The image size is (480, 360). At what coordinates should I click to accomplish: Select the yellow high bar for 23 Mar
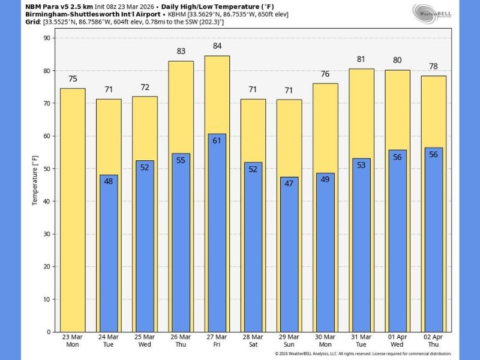73,210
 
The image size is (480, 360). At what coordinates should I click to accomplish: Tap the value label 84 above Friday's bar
217,46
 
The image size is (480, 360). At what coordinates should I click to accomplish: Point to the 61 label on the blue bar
217,140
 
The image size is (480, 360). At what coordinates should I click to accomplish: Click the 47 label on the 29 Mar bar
289,184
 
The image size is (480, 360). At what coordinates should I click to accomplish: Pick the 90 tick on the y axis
48,38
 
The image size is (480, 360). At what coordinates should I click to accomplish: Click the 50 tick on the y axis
48,169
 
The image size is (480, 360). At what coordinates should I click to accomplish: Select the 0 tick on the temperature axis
50,332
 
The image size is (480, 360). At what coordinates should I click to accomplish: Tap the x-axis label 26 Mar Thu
181,341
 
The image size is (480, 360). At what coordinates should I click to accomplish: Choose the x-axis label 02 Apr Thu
433,341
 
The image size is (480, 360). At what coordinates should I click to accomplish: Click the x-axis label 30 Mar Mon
325,341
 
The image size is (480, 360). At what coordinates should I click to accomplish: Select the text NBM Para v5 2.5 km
59,5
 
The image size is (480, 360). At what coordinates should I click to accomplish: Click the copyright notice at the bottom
363,354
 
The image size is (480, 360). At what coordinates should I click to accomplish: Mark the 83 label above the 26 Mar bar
181,52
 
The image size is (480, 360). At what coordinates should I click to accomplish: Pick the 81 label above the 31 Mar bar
361,59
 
